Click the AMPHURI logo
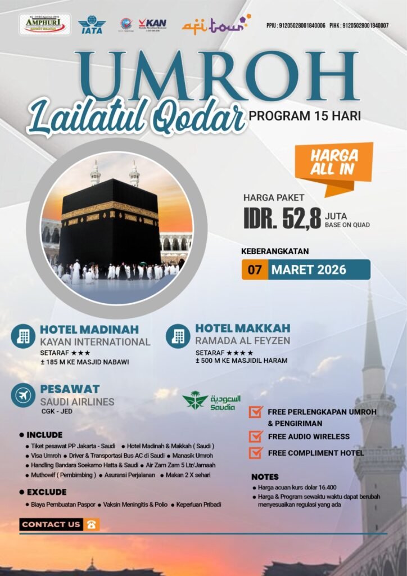(45, 24)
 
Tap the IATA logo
(92, 25)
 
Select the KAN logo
(152, 24)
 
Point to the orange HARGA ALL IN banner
(333, 163)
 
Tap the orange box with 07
(255, 269)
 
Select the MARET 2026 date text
(309, 269)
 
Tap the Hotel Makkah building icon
(178, 336)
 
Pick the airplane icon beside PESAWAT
(23, 395)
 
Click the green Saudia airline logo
(209, 401)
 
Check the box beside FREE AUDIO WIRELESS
(256, 436)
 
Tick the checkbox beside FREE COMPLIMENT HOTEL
(256, 452)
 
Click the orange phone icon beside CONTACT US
(91, 524)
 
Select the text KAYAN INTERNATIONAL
(95, 342)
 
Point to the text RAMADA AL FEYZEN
(243, 340)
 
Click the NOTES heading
(265, 477)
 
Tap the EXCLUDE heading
(46, 492)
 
